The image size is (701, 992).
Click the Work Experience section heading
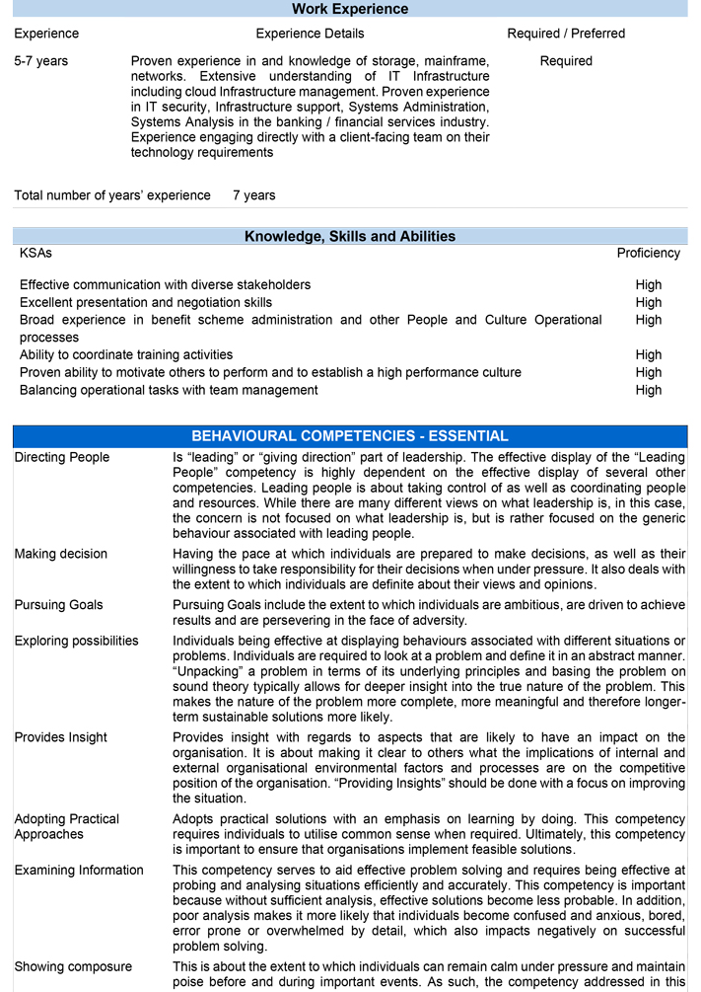pyautogui.click(x=350, y=10)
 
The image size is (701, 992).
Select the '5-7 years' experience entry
pyautogui.click(x=41, y=61)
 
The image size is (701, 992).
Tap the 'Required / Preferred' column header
pyautogui.click(x=566, y=34)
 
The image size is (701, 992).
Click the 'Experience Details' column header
pyautogui.click(x=310, y=34)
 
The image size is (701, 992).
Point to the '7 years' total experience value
pyautogui.click(x=254, y=195)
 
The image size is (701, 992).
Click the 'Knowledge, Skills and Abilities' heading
pyautogui.click(x=350, y=237)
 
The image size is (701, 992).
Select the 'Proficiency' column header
pyautogui.click(x=648, y=253)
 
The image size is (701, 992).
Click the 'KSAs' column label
pyautogui.click(x=35, y=253)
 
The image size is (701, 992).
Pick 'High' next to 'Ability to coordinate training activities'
pyautogui.click(x=649, y=355)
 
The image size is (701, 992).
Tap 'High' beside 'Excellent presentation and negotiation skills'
pyautogui.click(x=649, y=303)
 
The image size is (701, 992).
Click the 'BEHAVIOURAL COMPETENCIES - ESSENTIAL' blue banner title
pyautogui.click(x=350, y=436)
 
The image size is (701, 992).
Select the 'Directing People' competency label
pyautogui.click(x=62, y=458)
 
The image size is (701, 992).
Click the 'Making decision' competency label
pyautogui.click(x=60, y=554)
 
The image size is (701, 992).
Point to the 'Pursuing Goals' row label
pyautogui.click(x=58, y=605)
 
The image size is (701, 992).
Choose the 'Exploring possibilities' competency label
pyautogui.click(x=76, y=641)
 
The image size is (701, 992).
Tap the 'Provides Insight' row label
pyautogui.click(x=61, y=737)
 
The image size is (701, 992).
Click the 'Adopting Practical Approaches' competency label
pyautogui.click(x=66, y=826)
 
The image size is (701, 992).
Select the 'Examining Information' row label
pyautogui.click(x=79, y=871)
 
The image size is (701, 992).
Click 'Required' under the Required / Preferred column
pyautogui.click(x=566, y=61)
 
